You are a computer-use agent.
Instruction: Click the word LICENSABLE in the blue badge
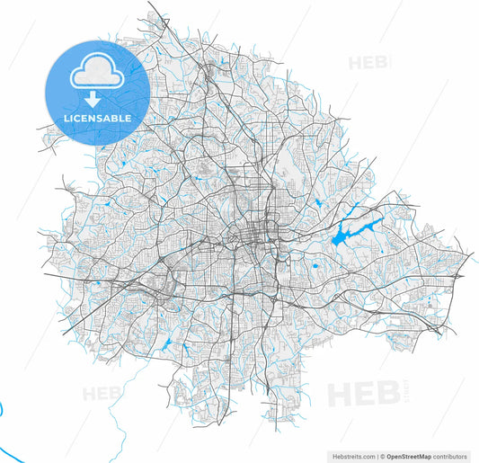coord(97,119)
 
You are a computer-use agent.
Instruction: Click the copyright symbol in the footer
coord(382,457)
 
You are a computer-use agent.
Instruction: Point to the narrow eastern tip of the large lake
coord(383,218)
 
